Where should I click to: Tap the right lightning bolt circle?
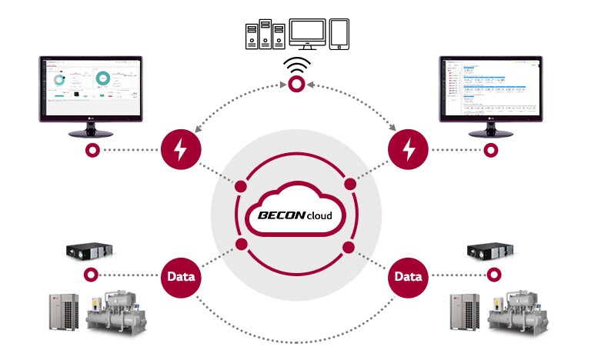pyautogui.click(x=409, y=150)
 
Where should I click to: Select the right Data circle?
pyautogui.click(x=409, y=275)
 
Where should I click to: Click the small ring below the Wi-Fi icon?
pyautogui.click(x=295, y=88)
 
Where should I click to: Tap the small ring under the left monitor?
pyautogui.click(x=92, y=150)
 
